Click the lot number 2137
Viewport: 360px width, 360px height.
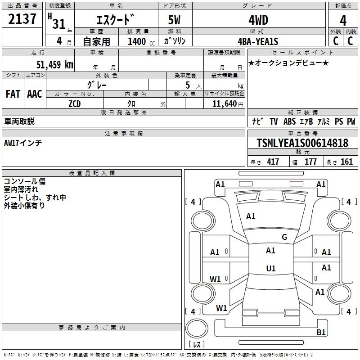[x=22, y=20]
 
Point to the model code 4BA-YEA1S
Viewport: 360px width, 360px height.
[x=258, y=41]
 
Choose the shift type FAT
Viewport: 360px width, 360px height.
[x=13, y=94]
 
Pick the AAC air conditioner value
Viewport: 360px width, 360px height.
[x=35, y=94]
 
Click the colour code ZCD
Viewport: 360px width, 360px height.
[x=75, y=103]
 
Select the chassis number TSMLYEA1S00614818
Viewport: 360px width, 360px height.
[x=302, y=144]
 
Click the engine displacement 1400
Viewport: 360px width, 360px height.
[x=137, y=42]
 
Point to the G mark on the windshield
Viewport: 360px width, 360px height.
[x=284, y=237]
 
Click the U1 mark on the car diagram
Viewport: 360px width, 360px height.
[x=270, y=269]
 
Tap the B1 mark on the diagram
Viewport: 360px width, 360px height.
[x=321, y=333]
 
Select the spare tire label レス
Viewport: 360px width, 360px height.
[x=197, y=344]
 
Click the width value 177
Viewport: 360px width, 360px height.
[x=310, y=162]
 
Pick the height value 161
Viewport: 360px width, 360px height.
[x=346, y=162]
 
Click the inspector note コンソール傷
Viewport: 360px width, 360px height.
[x=24, y=181]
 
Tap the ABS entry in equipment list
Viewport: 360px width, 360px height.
[x=290, y=121]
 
